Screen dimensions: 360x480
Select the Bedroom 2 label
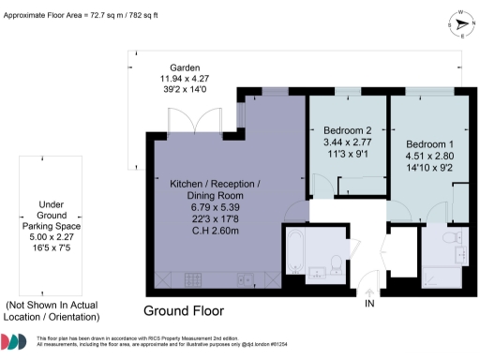[348, 130]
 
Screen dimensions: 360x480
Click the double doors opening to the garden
[192, 121]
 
